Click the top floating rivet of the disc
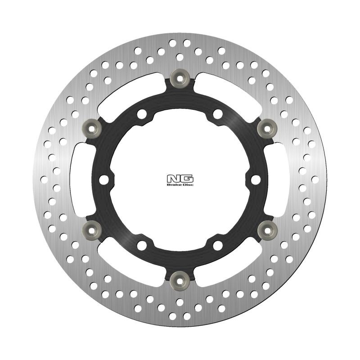pyautogui.click(x=180, y=77)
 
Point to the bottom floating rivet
pyautogui.click(x=180, y=279)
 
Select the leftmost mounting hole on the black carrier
pyautogui.click(x=105, y=179)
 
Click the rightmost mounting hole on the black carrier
pyautogui.click(x=255, y=179)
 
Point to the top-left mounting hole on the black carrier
pyautogui.click(x=142, y=114)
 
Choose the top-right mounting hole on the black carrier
pyautogui.click(x=218, y=114)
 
